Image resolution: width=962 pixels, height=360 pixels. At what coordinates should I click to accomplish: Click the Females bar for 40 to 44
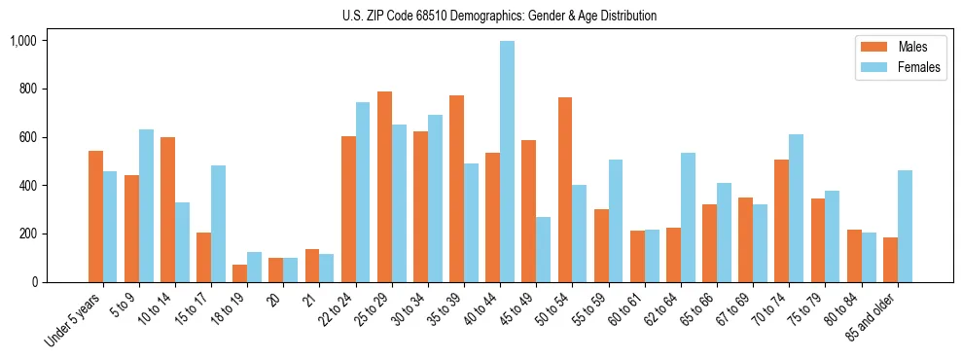507,162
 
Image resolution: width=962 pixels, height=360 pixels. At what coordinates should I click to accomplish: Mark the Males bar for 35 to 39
456,189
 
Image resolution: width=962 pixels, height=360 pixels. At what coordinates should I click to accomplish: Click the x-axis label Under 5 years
74,321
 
